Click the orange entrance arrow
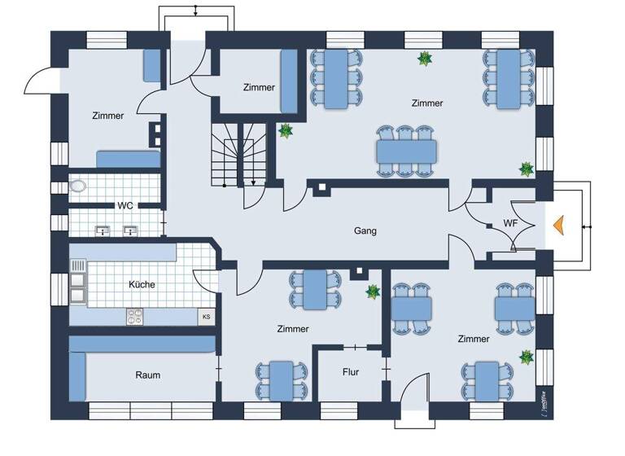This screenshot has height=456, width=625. click(x=559, y=226)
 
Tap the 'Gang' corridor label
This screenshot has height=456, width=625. click(x=365, y=230)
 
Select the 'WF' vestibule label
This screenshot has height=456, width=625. click(x=510, y=223)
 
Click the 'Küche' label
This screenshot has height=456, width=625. click(x=142, y=285)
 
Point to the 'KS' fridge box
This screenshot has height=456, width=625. click(x=206, y=316)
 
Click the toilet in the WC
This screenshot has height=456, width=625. click(x=78, y=186)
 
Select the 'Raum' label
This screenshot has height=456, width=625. click(x=147, y=375)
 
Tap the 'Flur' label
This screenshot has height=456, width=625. click(x=351, y=371)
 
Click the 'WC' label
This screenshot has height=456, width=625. click(x=125, y=205)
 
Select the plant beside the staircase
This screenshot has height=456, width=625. click(x=286, y=130)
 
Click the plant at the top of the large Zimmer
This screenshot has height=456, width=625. click(x=424, y=59)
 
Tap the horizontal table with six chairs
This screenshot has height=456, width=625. click(x=406, y=151)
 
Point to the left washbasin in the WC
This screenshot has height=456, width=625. click(x=103, y=230)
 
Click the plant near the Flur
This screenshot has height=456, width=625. click(x=373, y=292)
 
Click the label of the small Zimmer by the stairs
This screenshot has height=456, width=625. click(x=259, y=87)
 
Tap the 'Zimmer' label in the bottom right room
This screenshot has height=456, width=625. click(x=474, y=339)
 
